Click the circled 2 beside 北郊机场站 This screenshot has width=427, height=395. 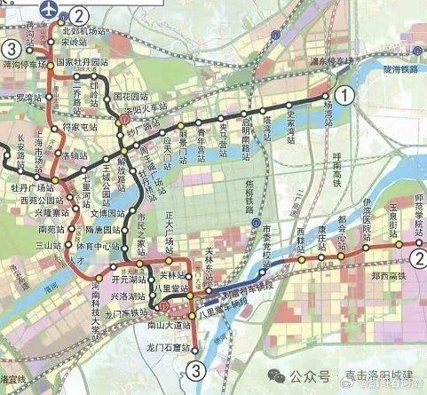[x=79, y=15]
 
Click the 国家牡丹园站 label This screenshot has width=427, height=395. [x=82, y=63]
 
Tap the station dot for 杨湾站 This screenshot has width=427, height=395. [x=326, y=95]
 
